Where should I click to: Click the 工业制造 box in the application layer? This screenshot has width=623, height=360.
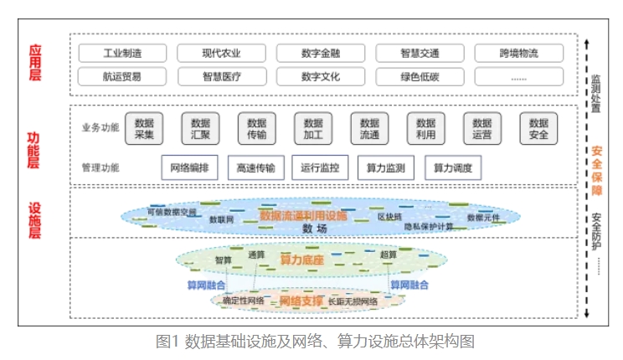click(122, 54)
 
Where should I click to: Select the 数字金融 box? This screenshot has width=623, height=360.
click(321, 54)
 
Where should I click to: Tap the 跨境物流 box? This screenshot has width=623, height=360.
click(519, 54)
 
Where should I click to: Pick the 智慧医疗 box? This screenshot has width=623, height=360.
click(222, 77)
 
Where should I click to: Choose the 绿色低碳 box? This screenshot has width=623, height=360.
click(420, 77)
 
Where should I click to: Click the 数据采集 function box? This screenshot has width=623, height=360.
click(144, 128)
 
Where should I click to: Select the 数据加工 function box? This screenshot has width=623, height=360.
click(313, 128)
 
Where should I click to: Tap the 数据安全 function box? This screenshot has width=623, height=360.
click(538, 128)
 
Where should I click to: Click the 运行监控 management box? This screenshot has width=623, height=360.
click(320, 167)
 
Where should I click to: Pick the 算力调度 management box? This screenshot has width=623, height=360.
click(453, 167)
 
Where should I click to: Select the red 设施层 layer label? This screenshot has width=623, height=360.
click(34, 221)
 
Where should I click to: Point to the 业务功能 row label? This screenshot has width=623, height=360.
click(100, 128)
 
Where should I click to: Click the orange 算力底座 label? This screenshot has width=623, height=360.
click(301, 260)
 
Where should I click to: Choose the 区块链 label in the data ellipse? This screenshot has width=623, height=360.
click(389, 216)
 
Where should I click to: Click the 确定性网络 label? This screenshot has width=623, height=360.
click(243, 301)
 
